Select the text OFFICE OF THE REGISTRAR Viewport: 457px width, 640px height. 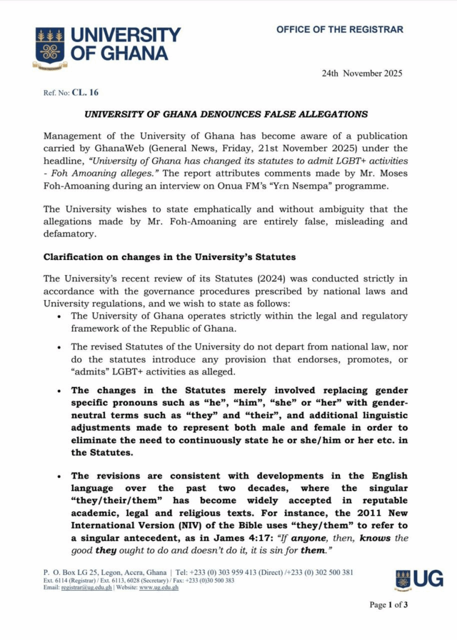pyautogui.click(x=339, y=29)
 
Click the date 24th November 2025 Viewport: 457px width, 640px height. pyautogui.click(x=362, y=73)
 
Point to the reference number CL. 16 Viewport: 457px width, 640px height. pyautogui.click(x=85, y=92)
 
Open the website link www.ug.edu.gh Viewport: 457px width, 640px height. pyautogui.click(x=158, y=587)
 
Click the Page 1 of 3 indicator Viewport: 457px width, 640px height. pyautogui.click(x=388, y=605)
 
